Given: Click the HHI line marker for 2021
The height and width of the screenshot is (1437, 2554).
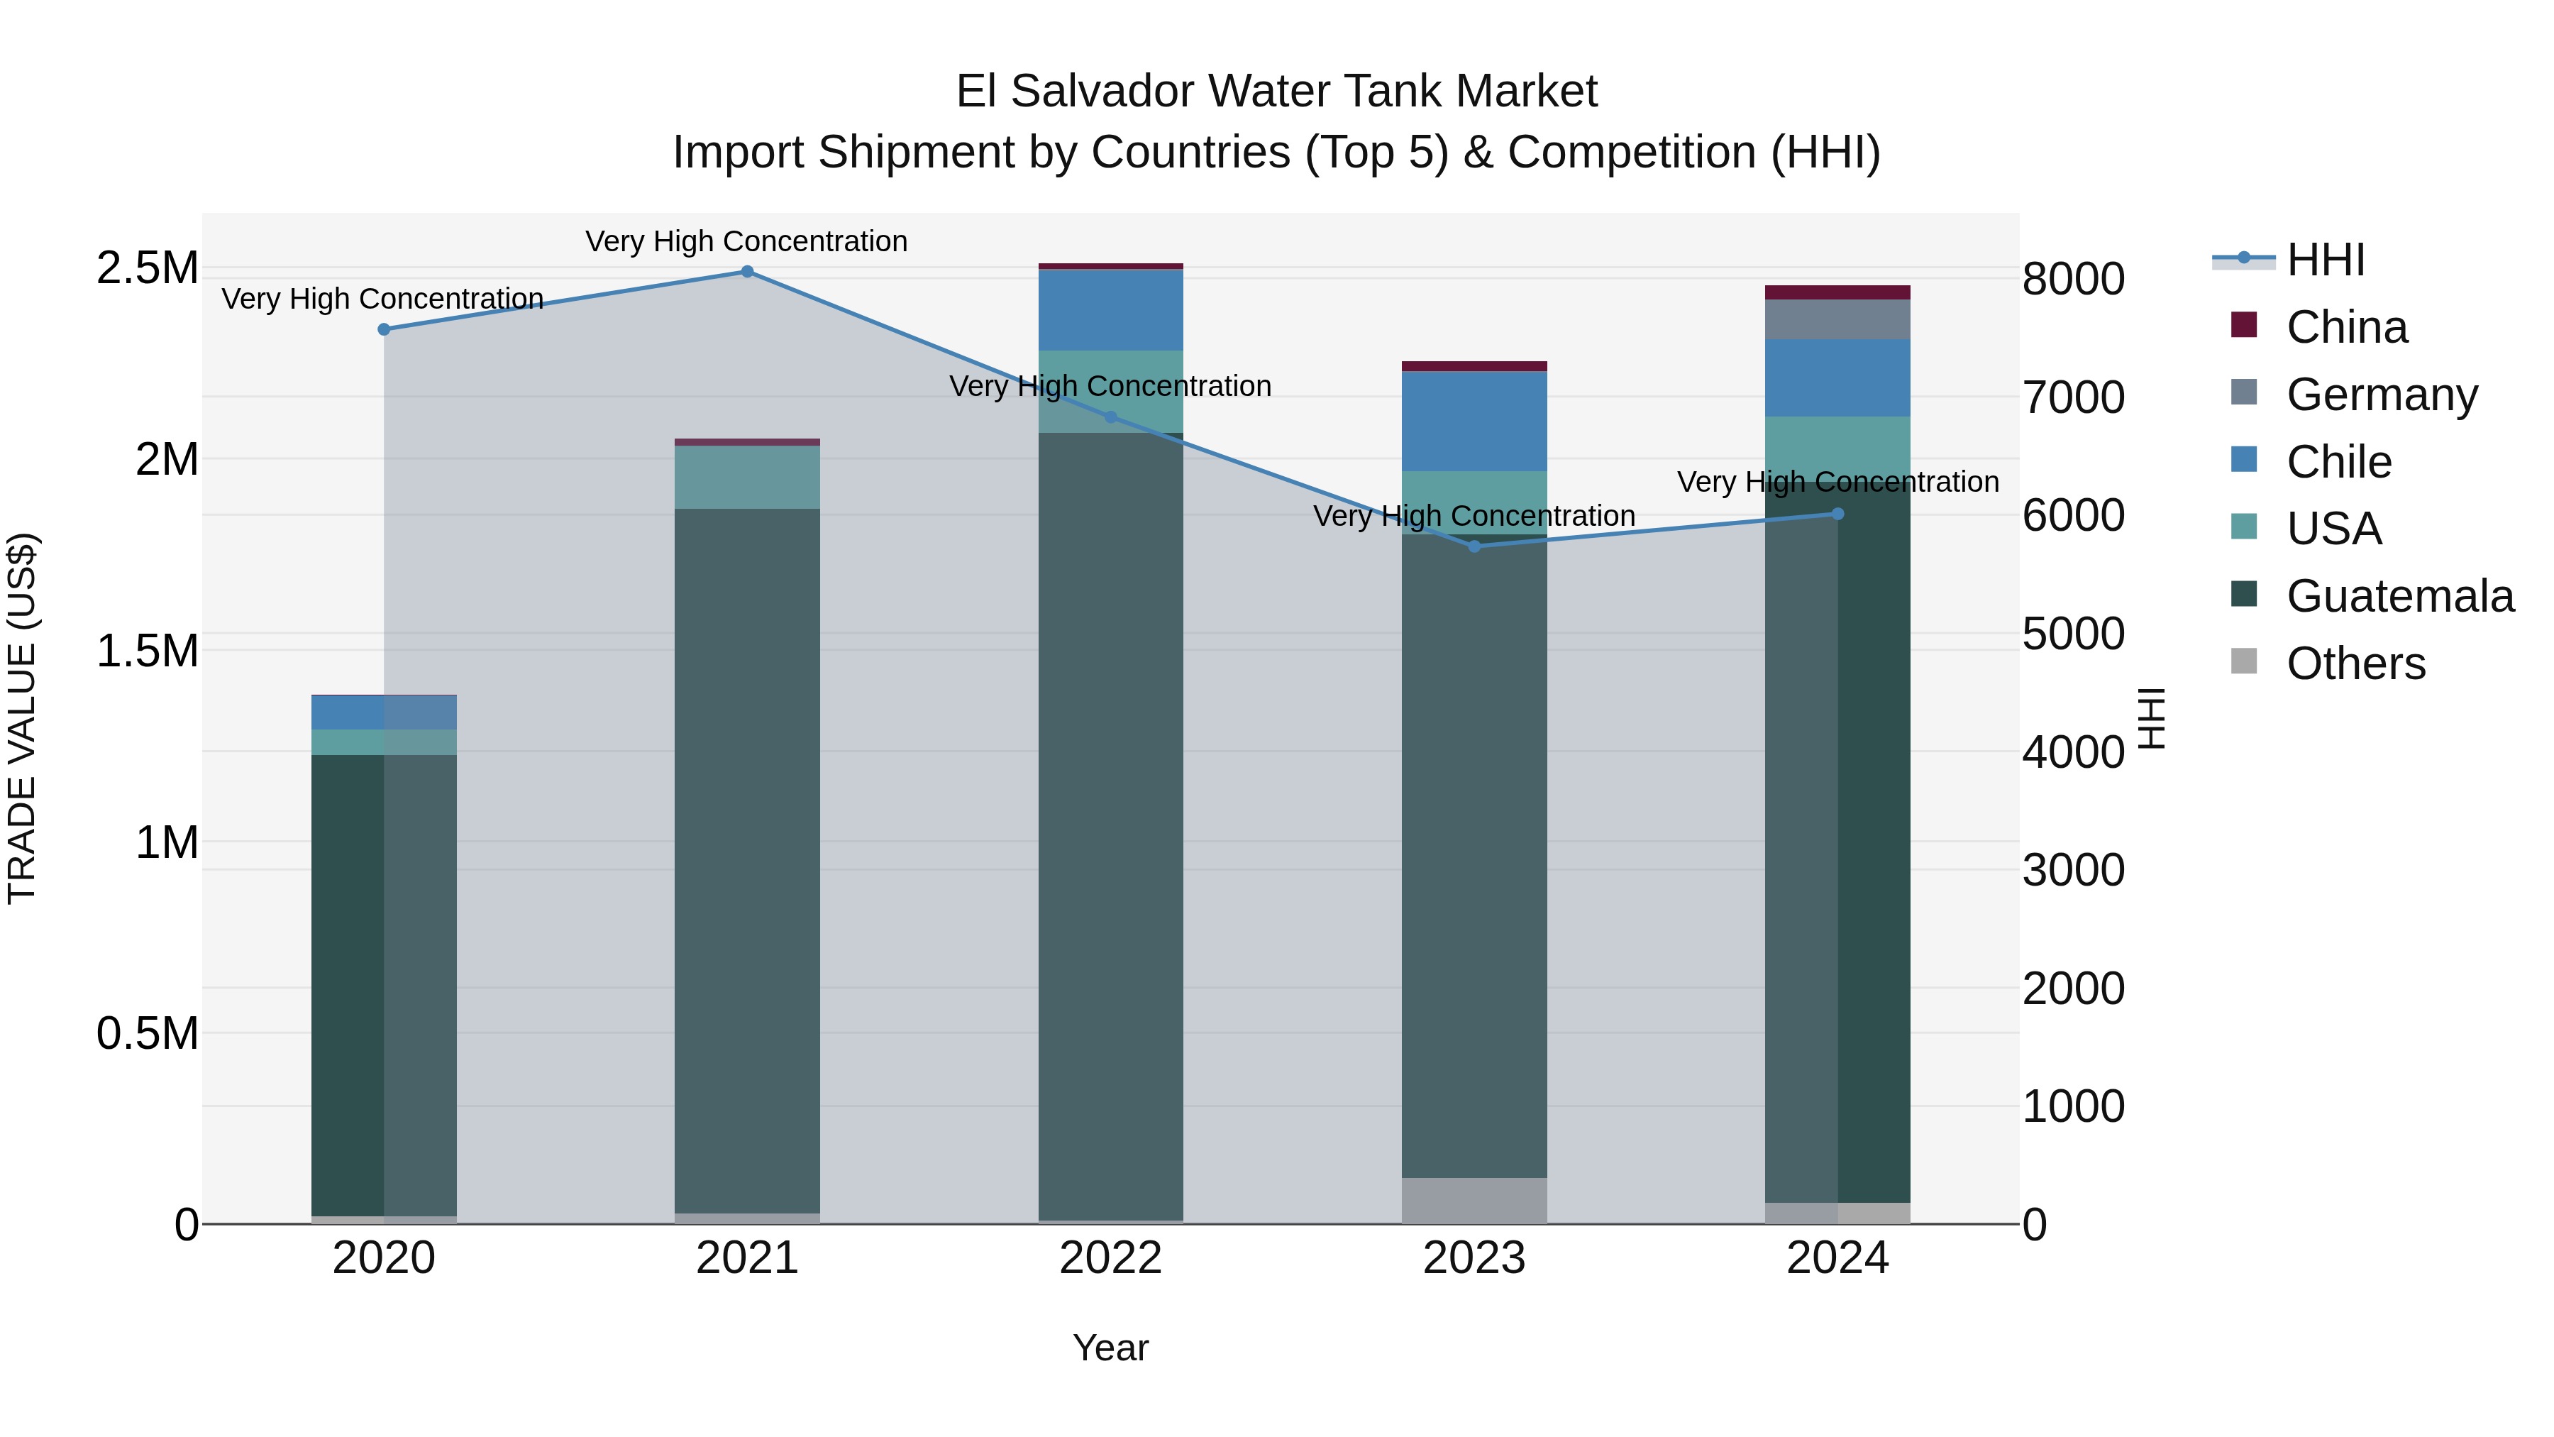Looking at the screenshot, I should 748,272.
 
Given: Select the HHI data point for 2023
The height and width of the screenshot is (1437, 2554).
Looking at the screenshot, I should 1474,546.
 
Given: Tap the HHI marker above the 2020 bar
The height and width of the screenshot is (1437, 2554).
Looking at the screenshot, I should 384,329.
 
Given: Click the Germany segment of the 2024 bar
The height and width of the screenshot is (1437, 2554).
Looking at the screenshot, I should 1837,319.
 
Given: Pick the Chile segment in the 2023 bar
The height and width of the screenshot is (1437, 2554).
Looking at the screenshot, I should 1474,421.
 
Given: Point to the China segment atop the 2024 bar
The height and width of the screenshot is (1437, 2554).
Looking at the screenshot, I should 1837,292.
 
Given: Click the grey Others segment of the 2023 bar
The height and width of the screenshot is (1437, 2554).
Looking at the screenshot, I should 1474,1200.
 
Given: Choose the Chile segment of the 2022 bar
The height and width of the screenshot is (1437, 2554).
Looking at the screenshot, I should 1110,309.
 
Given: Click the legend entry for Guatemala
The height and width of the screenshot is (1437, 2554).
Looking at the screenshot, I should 2399,596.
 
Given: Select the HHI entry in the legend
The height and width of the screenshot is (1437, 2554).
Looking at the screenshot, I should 2325,260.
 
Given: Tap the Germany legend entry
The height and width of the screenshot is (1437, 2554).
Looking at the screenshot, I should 2382,395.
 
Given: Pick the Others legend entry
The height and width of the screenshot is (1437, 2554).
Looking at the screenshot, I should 2355,664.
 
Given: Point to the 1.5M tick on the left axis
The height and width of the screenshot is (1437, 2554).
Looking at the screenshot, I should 147,651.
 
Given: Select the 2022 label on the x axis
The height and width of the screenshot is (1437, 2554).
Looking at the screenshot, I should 1110,1258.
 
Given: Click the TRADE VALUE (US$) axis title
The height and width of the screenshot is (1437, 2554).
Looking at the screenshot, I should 22,718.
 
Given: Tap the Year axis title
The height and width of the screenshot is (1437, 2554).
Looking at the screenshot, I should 1110,1348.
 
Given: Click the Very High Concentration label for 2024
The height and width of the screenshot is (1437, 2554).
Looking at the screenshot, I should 1837,482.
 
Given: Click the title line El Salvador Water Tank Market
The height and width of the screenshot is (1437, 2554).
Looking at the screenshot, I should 1276,92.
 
